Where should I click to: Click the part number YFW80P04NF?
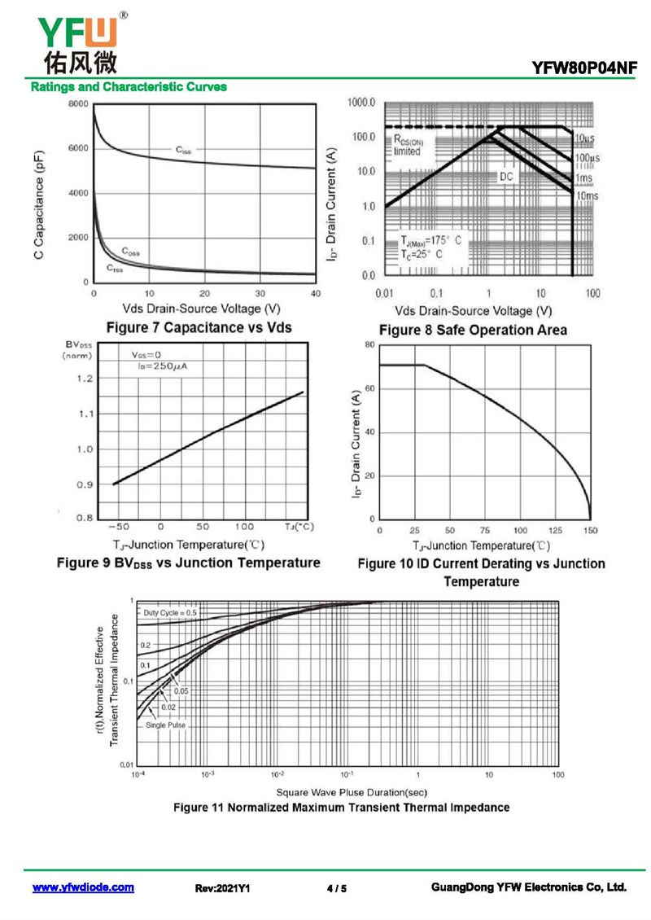[584, 68]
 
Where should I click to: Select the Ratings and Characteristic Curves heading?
[129, 87]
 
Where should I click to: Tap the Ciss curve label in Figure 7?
[184, 150]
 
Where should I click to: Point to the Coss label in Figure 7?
[131, 252]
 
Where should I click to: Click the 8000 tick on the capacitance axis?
[78, 104]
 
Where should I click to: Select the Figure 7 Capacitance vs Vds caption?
[199, 327]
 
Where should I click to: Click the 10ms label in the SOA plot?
[587, 195]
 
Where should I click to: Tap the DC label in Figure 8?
[506, 177]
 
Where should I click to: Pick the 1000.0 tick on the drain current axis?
[361, 103]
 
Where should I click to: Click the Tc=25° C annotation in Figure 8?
[422, 254]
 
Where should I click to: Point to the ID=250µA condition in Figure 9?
[163, 366]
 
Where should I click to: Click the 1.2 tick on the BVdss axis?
[85, 379]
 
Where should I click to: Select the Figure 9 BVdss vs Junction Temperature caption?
[188, 563]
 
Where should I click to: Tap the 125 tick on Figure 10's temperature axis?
[555, 530]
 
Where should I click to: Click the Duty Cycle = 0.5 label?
[170, 612]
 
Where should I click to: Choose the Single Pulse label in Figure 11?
[165, 725]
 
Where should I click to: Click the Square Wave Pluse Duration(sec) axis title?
[352, 793]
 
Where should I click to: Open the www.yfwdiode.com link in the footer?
[83, 887]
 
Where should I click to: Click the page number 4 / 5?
[337, 888]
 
